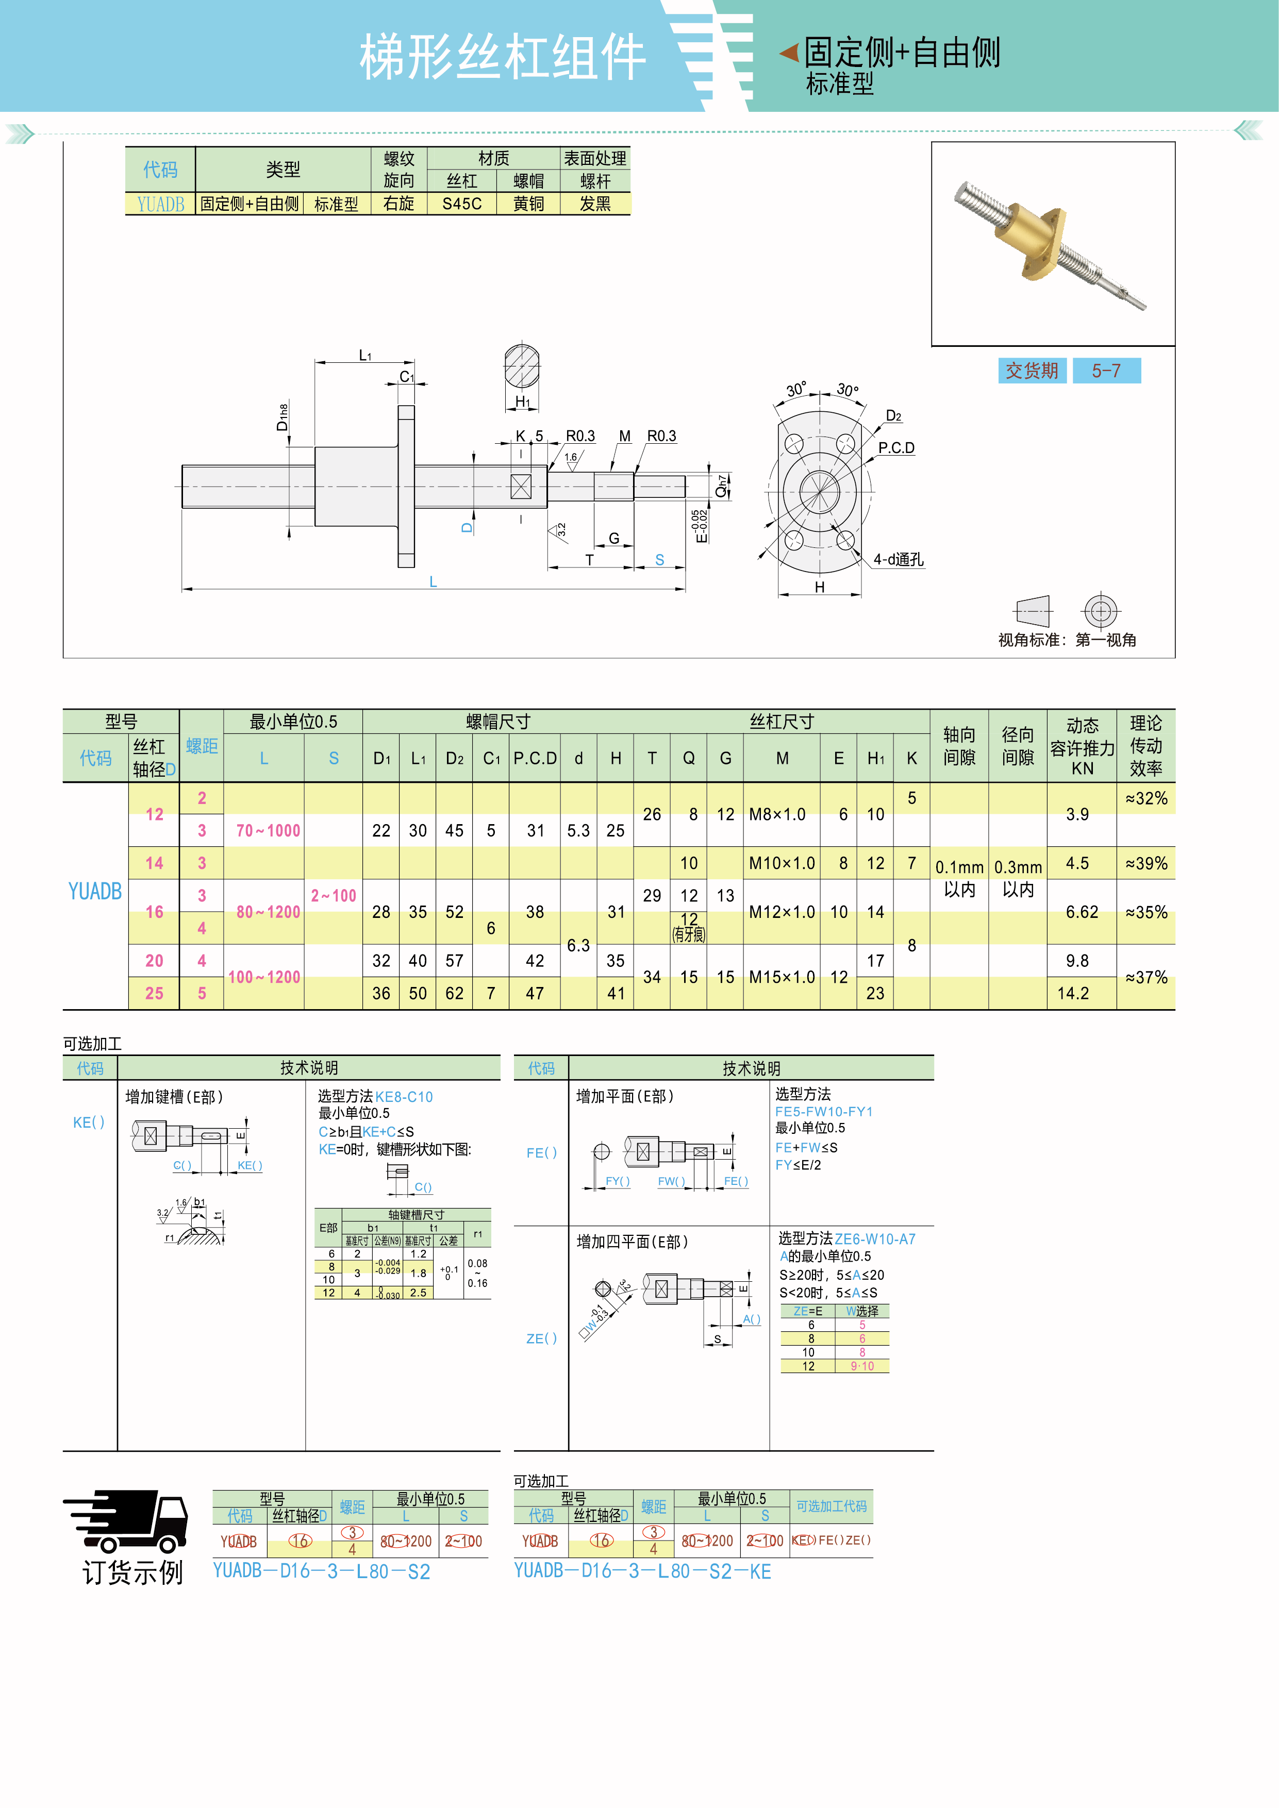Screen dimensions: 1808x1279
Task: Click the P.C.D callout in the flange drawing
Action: pos(896,448)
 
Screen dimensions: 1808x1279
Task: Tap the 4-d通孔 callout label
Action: pos(898,560)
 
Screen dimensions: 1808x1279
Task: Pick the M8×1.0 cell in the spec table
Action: pos(777,814)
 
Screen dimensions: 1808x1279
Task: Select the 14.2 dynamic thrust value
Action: pos(1073,994)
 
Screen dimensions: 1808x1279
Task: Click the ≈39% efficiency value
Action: pos(1146,864)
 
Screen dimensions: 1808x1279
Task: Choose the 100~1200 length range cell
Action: pos(264,977)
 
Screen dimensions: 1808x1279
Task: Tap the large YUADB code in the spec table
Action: pos(95,892)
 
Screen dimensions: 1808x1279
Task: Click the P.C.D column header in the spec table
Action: pos(535,758)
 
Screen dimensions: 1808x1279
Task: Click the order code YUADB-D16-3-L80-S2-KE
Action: pos(642,1572)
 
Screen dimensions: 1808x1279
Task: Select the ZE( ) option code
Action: pos(541,1338)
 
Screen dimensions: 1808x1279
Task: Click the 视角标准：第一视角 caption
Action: pos(1067,640)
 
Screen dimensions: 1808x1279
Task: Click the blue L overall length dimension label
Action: pos(433,582)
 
